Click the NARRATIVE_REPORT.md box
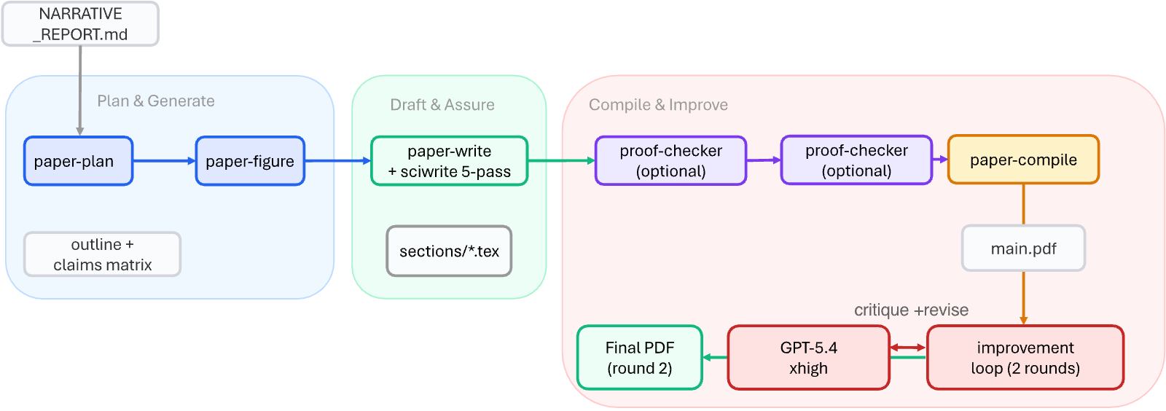coord(80,24)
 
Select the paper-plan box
coord(79,161)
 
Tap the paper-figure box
coord(250,161)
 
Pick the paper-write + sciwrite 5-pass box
coord(449,161)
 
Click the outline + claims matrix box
coord(102,254)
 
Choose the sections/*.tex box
coord(449,251)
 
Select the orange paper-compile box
coord(1023,159)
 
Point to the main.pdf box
coord(1023,248)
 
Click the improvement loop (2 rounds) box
coord(1025,357)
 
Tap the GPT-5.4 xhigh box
coord(808,357)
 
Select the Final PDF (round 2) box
coord(640,357)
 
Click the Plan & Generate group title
coord(156,101)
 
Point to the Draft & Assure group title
coord(442,104)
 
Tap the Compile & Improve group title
coord(659,104)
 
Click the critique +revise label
coord(911,310)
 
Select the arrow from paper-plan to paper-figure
coord(165,161)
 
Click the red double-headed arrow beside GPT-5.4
coord(908,348)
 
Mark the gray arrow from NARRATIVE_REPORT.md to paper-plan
coord(80,91)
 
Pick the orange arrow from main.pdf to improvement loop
coord(1023,298)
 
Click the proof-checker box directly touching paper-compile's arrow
coord(856,160)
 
